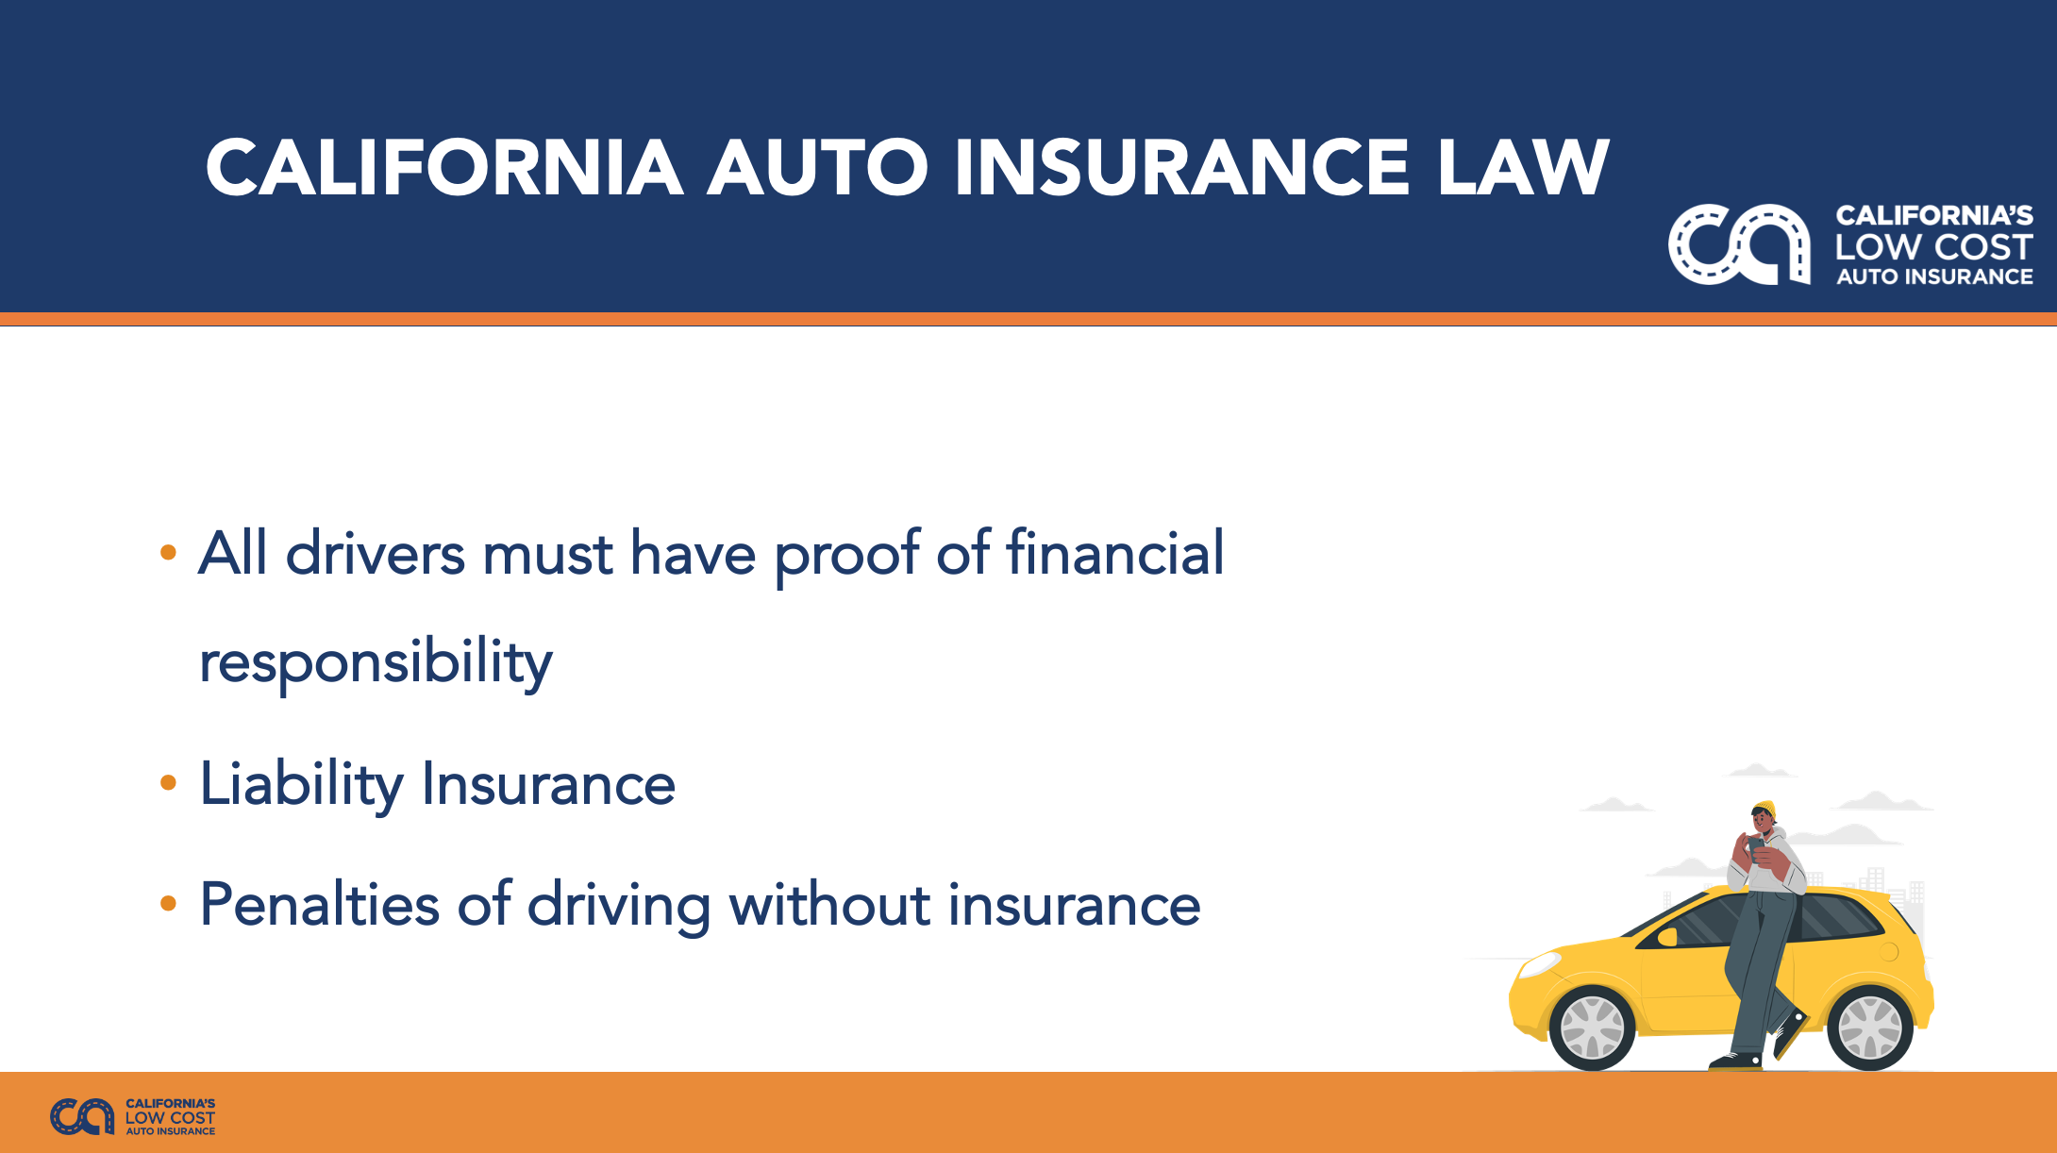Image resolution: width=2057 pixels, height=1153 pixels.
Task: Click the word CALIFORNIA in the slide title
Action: (x=444, y=168)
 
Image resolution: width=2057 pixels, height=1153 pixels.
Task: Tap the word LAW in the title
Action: (x=1523, y=168)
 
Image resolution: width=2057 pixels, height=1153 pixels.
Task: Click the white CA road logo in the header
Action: (x=1739, y=244)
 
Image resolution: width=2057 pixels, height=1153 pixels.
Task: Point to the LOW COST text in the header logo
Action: (x=1933, y=247)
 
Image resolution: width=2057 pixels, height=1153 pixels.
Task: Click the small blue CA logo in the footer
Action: (x=82, y=1117)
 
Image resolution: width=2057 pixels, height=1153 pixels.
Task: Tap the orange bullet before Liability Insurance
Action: (x=169, y=782)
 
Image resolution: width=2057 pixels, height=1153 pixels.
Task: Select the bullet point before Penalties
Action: (x=169, y=903)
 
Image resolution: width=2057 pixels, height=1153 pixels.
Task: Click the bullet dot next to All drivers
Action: (x=169, y=552)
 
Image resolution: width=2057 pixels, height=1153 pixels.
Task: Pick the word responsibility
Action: (x=376, y=663)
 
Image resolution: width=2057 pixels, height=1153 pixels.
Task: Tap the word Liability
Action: (x=302, y=786)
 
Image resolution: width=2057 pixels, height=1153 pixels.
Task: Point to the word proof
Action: (x=846, y=557)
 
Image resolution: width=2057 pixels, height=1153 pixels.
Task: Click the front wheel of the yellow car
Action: (x=1593, y=1028)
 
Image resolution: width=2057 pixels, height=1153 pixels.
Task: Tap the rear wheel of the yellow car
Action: (x=1869, y=1028)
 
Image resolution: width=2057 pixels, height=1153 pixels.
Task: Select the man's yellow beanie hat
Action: (x=1764, y=809)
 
